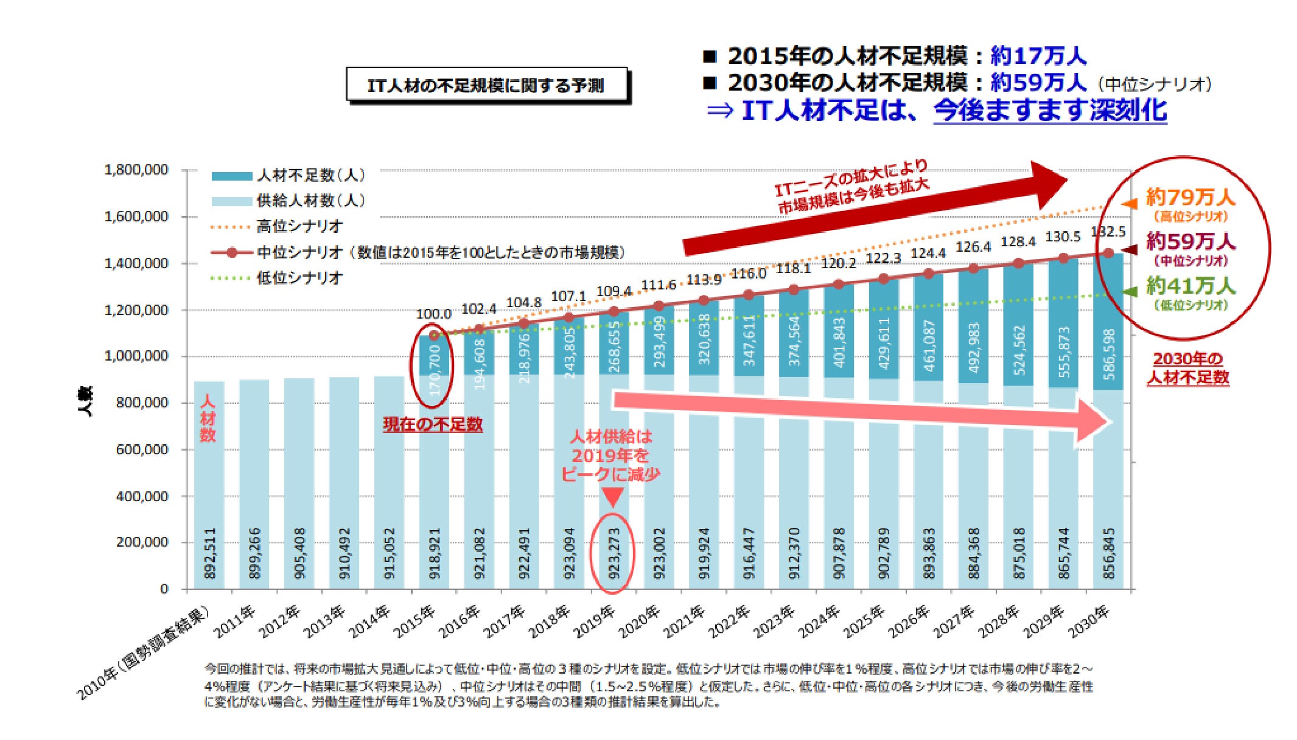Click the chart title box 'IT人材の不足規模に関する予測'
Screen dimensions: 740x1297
pos(486,85)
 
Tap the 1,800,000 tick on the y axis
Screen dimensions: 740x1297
pos(136,170)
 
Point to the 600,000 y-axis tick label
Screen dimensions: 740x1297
pos(141,449)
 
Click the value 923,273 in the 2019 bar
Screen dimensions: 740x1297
pos(614,553)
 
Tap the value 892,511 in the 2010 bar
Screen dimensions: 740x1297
pos(209,553)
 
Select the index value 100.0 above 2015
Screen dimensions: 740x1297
pos(433,314)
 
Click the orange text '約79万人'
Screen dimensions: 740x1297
pos(1190,198)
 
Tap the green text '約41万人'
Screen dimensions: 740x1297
pos(1190,286)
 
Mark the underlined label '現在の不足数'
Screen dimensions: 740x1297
pos(433,424)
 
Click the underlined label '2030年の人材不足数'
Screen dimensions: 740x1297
pos(1187,368)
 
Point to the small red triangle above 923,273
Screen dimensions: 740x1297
pos(613,497)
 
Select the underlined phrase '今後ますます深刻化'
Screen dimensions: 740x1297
pos(1050,111)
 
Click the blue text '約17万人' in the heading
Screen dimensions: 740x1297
pos(1038,56)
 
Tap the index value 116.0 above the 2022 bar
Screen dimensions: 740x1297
pos(749,274)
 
